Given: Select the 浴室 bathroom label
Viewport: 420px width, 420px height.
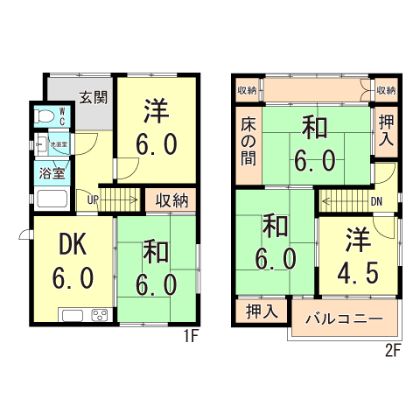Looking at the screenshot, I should tap(52, 172).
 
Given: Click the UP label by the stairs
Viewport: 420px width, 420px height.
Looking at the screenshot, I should tap(92, 199).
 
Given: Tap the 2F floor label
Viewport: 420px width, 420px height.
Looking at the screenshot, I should tap(391, 352).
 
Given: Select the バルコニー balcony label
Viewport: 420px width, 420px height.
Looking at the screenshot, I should tap(344, 318).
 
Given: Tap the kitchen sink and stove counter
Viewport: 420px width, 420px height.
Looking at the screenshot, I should tap(86, 316).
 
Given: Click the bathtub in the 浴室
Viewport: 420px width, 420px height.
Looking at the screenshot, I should tap(52, 200).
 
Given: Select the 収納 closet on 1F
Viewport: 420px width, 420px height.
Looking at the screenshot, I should tap(172, 200).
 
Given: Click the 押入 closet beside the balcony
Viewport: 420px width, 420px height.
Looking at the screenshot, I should tap(261, 311).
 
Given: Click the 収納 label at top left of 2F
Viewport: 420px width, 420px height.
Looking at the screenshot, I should tap(247, 90).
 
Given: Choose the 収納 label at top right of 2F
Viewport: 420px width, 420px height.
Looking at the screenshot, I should tap(385, 90).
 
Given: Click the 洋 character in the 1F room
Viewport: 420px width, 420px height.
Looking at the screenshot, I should tap(157, 111).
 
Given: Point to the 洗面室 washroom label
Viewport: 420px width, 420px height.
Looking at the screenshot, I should tap(59, 143).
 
